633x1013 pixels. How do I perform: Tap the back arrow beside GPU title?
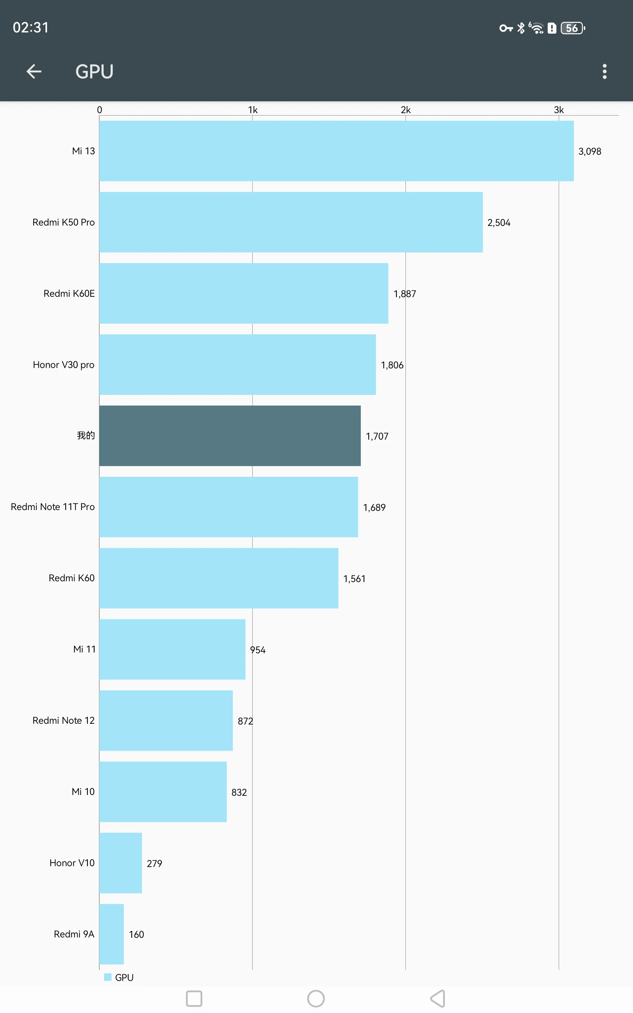pos(34,72)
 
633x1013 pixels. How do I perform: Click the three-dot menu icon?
pos(604,72)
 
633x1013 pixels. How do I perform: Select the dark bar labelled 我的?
pos(230,436)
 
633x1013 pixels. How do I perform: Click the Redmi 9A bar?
pos(111,934)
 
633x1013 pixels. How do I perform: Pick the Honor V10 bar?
pos(121,863)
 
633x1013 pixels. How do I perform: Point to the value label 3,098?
pos(589,152)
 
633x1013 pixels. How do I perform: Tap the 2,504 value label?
pos(498,223)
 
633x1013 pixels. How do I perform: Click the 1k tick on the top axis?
pos(252,110)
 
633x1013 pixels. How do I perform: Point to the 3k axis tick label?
pos(559,110)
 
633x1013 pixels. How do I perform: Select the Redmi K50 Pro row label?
pos(64,222)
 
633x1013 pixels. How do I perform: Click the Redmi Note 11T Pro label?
pos(53,507)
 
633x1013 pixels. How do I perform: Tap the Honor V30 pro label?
pos(64,364)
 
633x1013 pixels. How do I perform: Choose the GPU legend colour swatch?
pos(108,977)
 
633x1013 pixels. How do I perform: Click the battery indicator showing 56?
pos(572,28)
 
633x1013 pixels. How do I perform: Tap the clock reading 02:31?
pos(30,28)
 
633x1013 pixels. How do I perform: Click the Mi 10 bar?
pos(163,791)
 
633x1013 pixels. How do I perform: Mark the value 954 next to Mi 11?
pos(258,650)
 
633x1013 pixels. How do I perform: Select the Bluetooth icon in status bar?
pos(521,28)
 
